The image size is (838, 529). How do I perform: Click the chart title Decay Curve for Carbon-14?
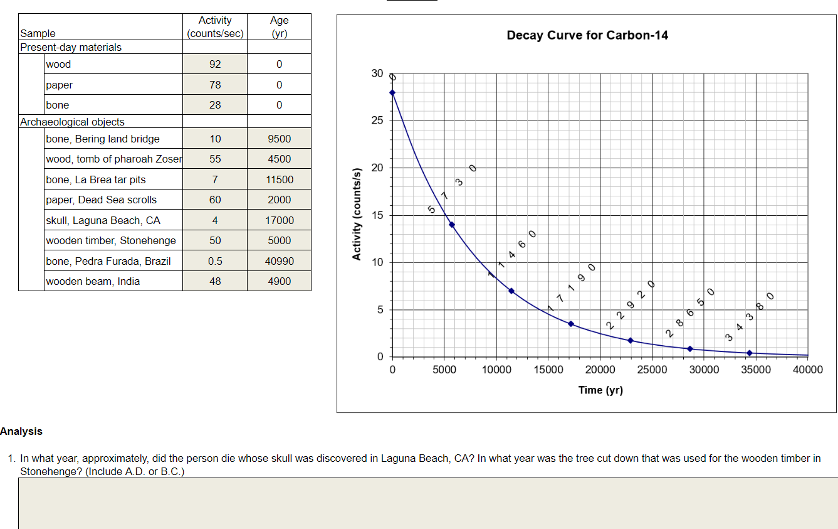point(587,35)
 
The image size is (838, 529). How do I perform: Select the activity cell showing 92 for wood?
point(215,64)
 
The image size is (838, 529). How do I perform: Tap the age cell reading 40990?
point(279,261)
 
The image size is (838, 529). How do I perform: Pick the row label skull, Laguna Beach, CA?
point(103,220)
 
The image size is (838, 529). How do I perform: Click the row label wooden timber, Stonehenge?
point(111,240)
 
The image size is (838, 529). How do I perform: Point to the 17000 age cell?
point(279,220)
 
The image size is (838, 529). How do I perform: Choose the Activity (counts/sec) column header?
point(215,27)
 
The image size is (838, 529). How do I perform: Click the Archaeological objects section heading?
point(72,122)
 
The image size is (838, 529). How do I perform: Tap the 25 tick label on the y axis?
point(377,120)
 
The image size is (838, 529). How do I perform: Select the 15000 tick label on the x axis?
point(548,370)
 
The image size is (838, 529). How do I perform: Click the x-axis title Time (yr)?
point(600,390)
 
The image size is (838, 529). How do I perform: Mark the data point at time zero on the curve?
point(392,92)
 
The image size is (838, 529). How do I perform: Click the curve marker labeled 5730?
point(452,225)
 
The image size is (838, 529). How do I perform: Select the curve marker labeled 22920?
point(631,341)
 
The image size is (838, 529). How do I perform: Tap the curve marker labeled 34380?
point(750,353)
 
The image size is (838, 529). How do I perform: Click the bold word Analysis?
point(21,431)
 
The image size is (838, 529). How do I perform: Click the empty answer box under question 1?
point(427,503)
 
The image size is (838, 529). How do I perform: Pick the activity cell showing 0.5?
point(215,261)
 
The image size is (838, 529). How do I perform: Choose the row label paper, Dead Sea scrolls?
point(102,200)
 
